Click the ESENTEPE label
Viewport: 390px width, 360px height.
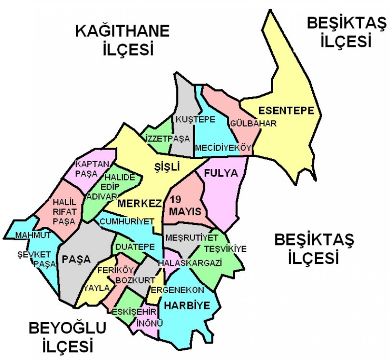pos(286,110)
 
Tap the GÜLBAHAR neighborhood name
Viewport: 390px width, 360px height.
pos(253,124)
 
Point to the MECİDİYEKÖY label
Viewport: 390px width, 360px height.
pos(223,148)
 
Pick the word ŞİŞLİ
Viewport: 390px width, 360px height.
pos(166,166)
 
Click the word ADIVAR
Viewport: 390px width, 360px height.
pos(101,196)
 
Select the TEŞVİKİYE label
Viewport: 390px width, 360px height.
pos(225,249)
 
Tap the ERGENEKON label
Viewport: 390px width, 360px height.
pos(177,290)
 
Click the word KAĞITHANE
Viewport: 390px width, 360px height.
pos(123,32)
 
